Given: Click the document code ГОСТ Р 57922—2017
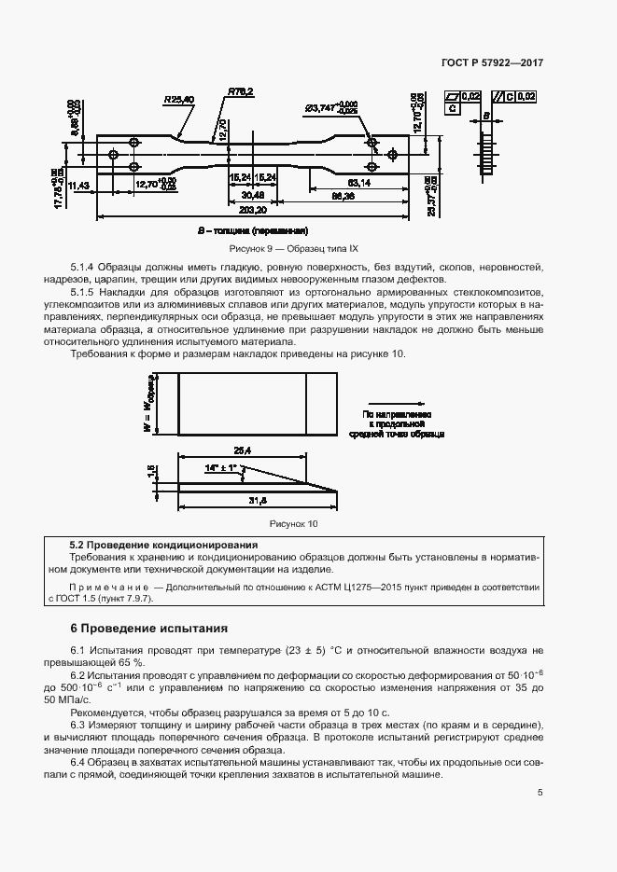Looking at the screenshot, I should (492, 62).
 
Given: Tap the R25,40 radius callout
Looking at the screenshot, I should (177, 98).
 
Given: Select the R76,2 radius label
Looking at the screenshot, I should (240, 91).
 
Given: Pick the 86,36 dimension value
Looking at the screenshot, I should (344, 197).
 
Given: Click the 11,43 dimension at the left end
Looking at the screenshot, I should (78, 186).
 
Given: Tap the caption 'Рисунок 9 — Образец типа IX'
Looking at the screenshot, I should (294, 249).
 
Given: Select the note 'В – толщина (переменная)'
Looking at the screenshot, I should (252, 230).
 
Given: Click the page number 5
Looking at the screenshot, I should (540, 793).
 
